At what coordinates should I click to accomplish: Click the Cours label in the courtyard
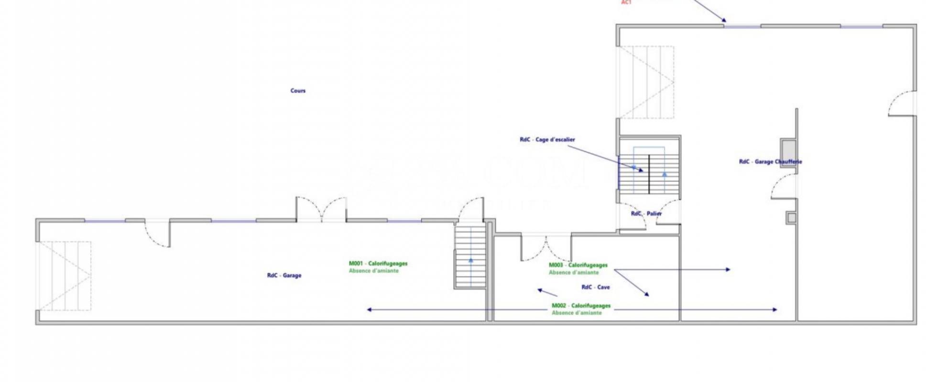[298, 91]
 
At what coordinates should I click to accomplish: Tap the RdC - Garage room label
[284, 276]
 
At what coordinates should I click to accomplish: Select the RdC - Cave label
[595, 287]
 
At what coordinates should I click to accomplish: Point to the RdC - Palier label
[646, 213]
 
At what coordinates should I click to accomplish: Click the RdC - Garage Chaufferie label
[770, 162]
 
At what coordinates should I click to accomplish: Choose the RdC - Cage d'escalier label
[547, 140]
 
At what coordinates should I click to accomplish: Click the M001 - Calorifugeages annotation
[378, 264]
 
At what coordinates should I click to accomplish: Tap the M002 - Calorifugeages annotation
[581, 306]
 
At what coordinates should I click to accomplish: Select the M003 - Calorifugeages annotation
[578, 265]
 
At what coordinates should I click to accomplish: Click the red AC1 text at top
[626, 2]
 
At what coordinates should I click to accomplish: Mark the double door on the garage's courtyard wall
[321, 209]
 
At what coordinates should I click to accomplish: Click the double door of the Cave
[546, 247]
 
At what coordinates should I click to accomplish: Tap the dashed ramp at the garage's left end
[65, 276]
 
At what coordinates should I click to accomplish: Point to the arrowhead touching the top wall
[724, 20]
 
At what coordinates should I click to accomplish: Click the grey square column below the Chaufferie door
[791, 218]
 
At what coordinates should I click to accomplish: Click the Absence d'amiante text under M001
[373, 271]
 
